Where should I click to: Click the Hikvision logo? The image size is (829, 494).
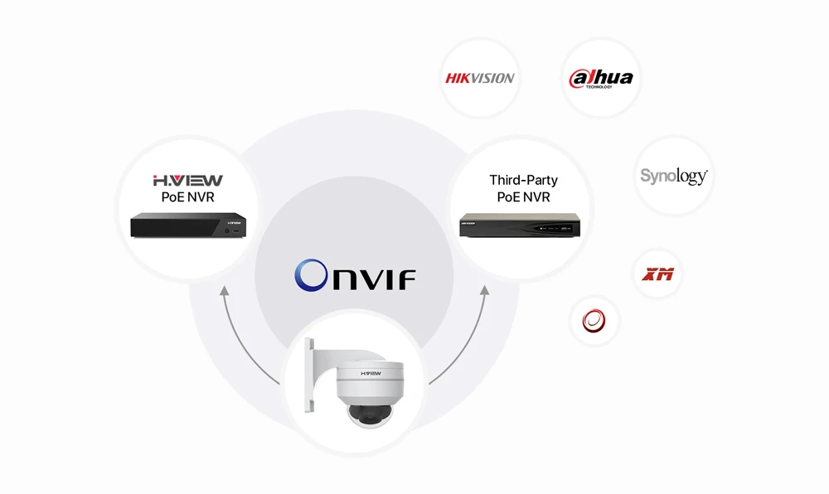click(480, 78)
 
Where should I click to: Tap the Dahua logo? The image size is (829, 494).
click(601, 79)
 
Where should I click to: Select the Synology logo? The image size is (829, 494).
click(673, 176)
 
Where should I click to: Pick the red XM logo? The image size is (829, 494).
click(658, 273)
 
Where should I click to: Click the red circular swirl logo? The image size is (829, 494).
click(594, 321)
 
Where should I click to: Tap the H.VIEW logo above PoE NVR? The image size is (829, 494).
click(188, 180)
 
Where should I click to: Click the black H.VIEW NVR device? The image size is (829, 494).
click(188, 224)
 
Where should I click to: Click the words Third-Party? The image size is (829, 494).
click(523, 180)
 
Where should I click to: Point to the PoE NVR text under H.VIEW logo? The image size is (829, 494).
click(188, 197)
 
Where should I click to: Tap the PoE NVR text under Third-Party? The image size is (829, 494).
click(523, 197)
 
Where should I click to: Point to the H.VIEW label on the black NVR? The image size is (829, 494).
click(235, 222)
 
